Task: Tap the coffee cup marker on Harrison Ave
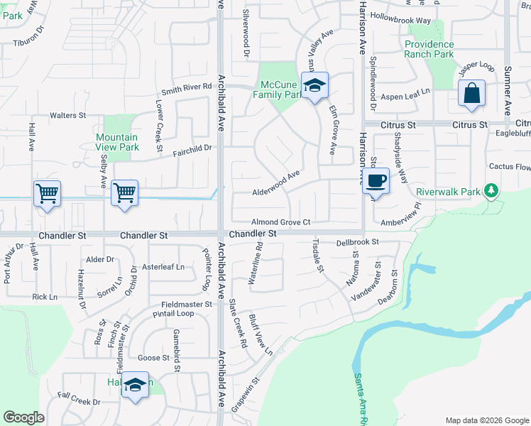point(375,181)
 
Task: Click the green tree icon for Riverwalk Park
point(490,190)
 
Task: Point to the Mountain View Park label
point(117,142)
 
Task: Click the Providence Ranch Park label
point(429,49)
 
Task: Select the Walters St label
point(67,115)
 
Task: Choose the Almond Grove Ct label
point(281,222)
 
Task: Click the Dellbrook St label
point(358,241)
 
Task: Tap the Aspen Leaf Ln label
point(407,94)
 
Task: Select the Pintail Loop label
point(173,313)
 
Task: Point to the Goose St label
point(154,358)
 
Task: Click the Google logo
point(24,417)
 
